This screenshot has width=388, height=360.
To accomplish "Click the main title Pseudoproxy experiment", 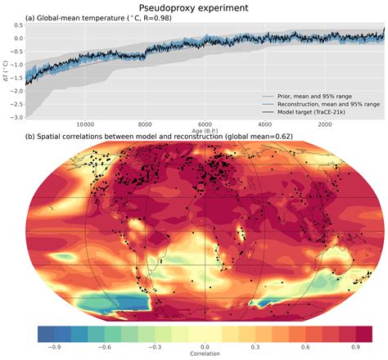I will point(194,7).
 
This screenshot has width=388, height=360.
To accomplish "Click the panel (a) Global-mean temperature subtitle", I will point(107,17).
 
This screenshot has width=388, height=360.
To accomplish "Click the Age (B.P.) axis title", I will point(206,131).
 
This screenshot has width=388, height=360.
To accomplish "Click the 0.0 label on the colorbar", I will point(205,347).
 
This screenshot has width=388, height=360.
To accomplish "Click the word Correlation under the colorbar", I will point(205,355).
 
